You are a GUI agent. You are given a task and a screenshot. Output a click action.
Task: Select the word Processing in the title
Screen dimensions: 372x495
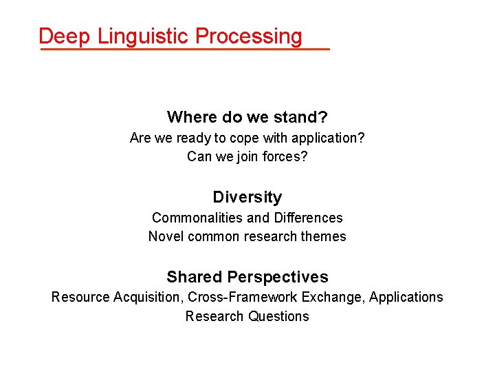point(248,37)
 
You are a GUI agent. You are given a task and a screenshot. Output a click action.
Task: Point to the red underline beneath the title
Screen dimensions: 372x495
point(184,50)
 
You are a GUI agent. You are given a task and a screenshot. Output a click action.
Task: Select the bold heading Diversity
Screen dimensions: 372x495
point(247,198)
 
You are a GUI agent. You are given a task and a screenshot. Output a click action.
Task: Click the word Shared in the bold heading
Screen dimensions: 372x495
point(194,277)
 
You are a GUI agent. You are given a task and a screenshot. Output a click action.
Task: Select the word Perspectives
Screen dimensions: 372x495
point(278,278)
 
